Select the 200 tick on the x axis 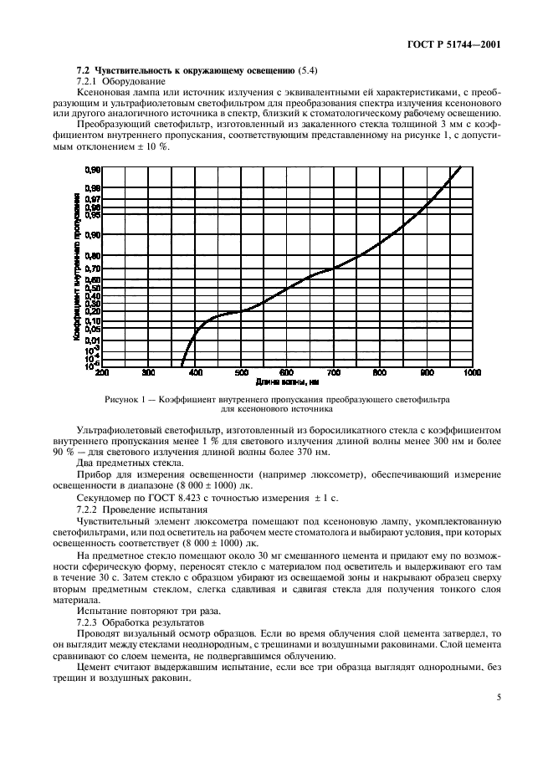pos(102,372)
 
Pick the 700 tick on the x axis pos(333,372)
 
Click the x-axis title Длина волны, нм pos(289,381)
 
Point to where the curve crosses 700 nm pos(333,269)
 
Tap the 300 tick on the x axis pos(149,372)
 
